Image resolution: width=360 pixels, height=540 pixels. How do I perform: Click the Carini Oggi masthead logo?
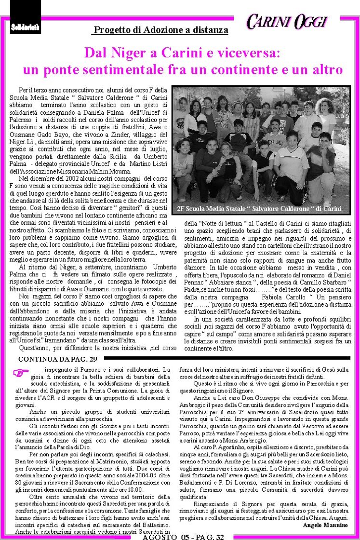[287, 22]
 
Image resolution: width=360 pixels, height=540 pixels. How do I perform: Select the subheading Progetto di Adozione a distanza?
[160, 30]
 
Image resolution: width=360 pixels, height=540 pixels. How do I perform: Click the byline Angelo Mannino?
[325, 524]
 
